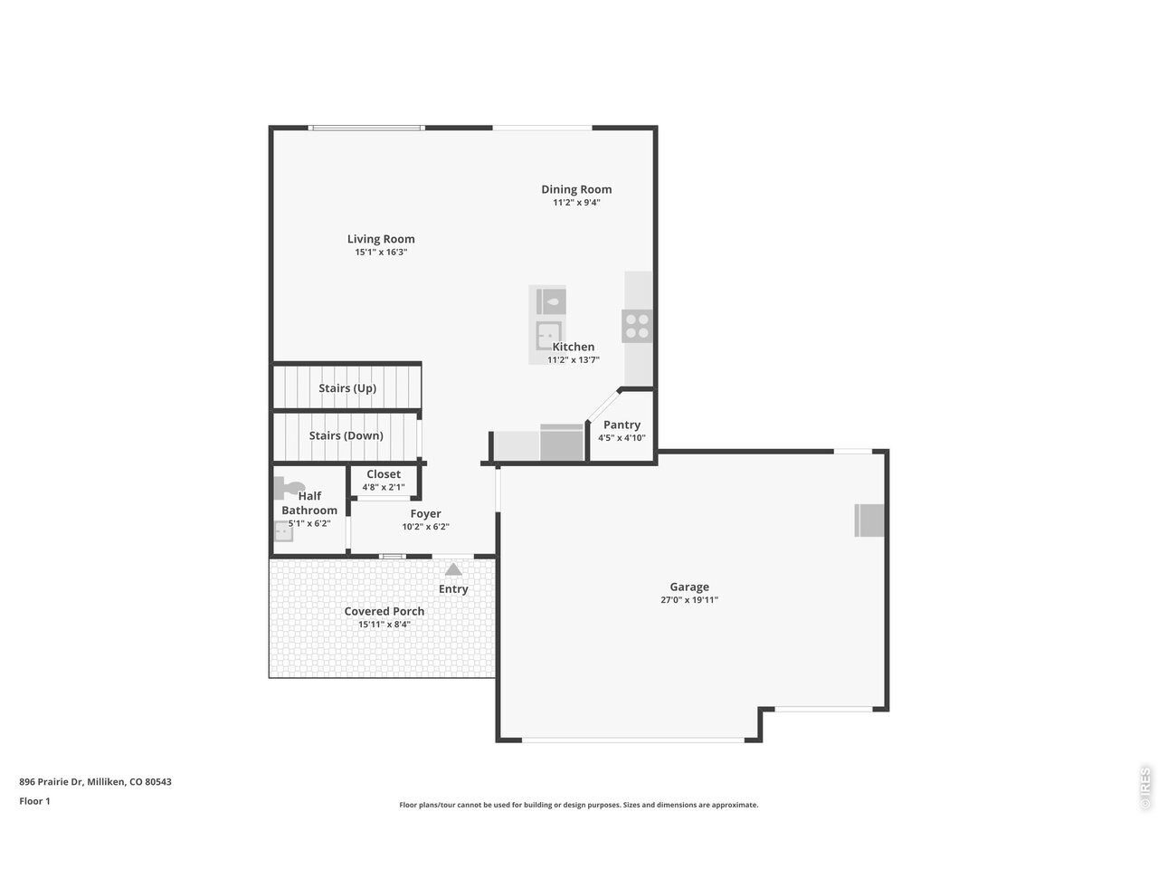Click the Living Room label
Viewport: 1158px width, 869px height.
[380, 239]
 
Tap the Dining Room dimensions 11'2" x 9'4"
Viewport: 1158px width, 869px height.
[576, 203]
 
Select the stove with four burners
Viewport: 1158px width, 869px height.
[637, 326]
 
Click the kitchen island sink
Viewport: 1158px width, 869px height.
[548, 336]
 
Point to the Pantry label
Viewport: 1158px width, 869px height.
[622, 425]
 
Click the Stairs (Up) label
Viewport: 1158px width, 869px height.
[347, 388]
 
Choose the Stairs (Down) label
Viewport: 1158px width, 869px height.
[346, 435]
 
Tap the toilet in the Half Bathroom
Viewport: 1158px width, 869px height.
[289, 488]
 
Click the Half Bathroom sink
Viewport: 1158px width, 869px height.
[283, 531]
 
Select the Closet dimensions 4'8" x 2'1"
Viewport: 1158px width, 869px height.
[383, 487]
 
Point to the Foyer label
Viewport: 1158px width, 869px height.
[425, 513]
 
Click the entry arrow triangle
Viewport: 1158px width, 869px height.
[453, 569]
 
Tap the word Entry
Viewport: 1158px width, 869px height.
[453, 588]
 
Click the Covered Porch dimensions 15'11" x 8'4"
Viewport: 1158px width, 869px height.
[384, 625]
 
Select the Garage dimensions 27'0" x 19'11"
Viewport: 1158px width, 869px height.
[689, 600]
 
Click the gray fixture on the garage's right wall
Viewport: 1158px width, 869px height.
[868, 520]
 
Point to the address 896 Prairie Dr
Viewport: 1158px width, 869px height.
[52, 782]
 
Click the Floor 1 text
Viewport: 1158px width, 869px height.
[34, 801]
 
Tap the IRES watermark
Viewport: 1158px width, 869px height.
[1145, 788]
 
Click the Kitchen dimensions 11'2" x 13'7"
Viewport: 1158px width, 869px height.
[573, 360]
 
